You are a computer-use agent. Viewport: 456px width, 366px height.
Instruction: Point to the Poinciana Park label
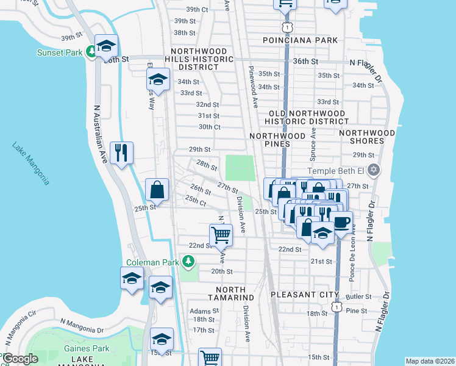click(x=300, y=40)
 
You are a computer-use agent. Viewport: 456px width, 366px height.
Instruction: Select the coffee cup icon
click(x=341, y=221)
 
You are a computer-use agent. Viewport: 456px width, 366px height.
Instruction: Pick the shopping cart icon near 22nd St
click(x=221, y=234)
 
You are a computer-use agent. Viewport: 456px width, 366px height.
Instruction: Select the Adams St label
click(x=199, y=310)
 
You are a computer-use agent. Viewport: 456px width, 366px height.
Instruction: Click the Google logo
click(x=20, y=359)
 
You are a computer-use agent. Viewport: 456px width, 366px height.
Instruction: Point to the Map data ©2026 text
click(x=429, y=361)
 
